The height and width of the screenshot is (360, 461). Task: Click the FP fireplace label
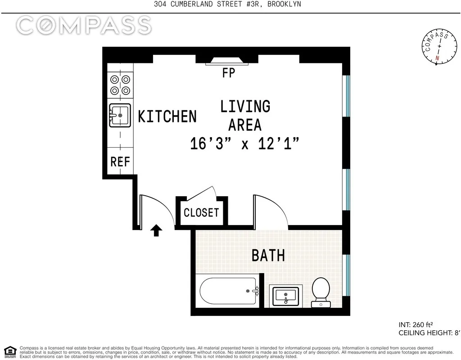point(229,72)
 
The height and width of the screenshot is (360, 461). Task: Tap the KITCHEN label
point(167,117)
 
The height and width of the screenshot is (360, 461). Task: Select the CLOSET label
point(201,212)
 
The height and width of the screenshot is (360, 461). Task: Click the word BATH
point(268,256)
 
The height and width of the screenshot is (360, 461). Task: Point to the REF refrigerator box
point(120,162)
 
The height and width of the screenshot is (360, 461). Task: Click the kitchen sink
point(120,116)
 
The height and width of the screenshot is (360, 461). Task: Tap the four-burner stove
point(120,85)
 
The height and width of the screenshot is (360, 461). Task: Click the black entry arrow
point(156,231)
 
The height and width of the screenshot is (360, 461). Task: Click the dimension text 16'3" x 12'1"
point(244,144)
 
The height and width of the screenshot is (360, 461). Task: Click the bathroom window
point(347,274)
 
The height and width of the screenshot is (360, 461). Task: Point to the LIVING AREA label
point(245,115)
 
